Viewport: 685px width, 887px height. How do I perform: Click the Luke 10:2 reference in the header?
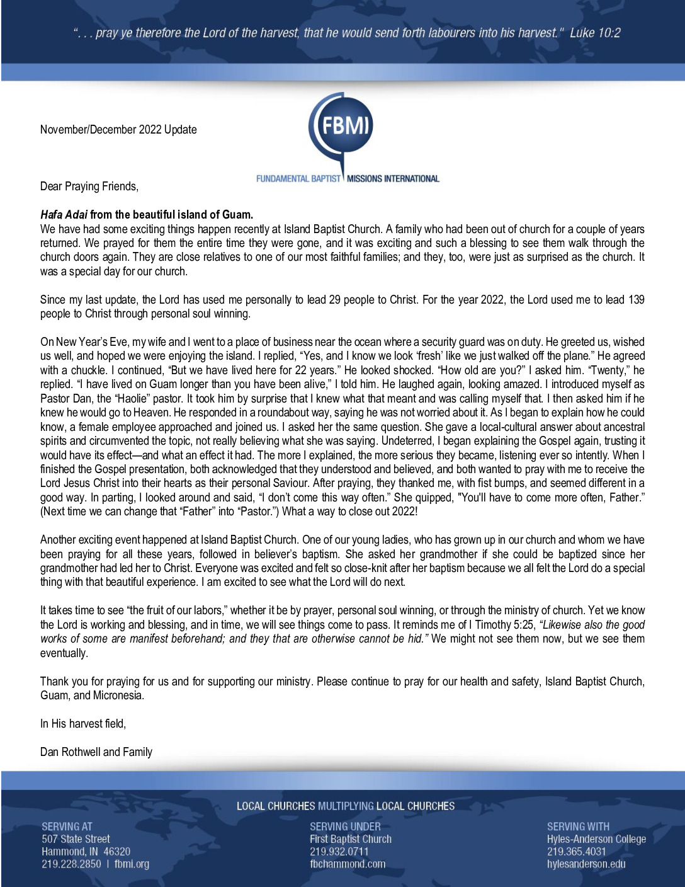[x=595, y=33]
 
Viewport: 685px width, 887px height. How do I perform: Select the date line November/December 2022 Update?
[x=118, y=130]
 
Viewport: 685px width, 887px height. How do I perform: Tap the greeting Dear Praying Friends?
[x=89, y=186]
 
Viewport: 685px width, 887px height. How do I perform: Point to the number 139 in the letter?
[x=636, y=300]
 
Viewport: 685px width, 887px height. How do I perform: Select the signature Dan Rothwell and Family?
[x=96, y=752]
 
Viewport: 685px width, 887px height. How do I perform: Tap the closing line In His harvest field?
[x=82, y=724]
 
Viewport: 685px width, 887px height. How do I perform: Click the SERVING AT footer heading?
[x=67, y=827]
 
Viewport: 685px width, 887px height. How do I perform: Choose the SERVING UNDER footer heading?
[x=345, y=827]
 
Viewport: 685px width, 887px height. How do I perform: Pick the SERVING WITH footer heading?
[x=578, y=827]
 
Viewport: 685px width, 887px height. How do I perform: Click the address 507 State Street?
[x=76, y=839]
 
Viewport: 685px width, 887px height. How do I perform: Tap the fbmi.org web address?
[x=132, y=864]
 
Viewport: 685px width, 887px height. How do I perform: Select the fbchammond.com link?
[x=348, y=864]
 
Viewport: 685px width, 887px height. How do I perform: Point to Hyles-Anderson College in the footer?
[x=596, y=839]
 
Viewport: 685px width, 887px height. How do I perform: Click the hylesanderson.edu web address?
[x=586, y=864]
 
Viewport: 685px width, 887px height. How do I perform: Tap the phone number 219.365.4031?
[x=577, y=852]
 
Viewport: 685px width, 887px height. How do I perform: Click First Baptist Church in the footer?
[x=351, y=839]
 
